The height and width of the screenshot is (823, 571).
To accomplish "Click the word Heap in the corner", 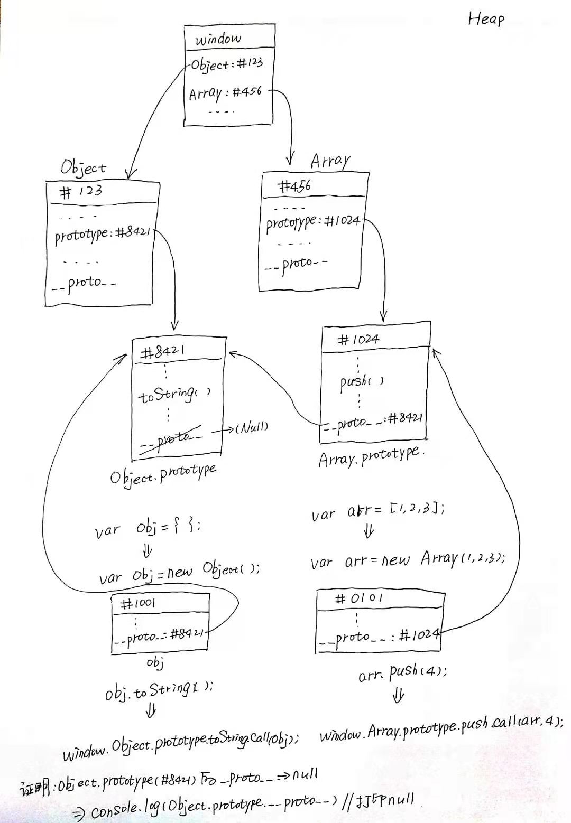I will pos(486,20).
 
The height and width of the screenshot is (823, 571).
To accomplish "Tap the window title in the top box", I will pos(218,39).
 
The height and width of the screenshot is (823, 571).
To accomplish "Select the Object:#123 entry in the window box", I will pos(227,64).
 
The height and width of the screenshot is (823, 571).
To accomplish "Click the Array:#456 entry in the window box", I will pos(225,93).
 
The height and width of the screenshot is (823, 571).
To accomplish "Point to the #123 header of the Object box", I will pos(81,191).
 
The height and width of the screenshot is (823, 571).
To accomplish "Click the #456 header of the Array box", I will pos(294,186).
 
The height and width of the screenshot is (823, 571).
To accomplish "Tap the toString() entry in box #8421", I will pos(174,395).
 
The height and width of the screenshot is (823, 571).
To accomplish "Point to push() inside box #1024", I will pos(362,382).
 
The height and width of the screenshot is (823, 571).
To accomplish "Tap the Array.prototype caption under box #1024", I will pos(371,456).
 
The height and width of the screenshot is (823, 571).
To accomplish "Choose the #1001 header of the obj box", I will pos(138,603).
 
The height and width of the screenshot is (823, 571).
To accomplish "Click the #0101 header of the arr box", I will pos(359,598).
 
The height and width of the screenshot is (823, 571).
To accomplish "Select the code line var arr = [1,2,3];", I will pos(377,510).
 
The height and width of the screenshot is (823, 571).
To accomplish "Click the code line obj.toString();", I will pos(159,690).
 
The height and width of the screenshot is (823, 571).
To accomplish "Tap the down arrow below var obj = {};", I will pos(148,551).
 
